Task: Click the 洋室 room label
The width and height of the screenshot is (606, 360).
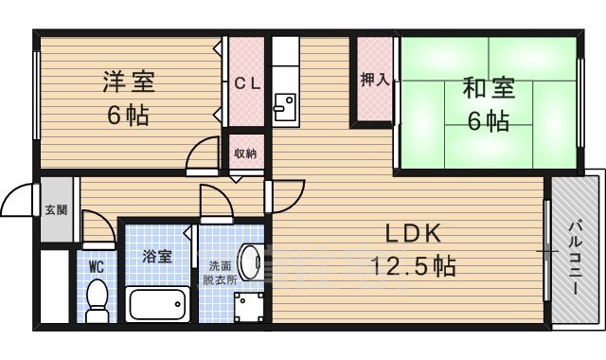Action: pyautogui.click(x=128, y=82)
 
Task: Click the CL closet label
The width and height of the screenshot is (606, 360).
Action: pyautogui.click(x=247, y=82)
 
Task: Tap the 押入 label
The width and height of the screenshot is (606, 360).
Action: pyautogui.click(x=374, y=81)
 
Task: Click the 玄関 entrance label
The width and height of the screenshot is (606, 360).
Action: pyautogui.click(x=55, y=210)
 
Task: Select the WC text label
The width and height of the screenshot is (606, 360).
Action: pyautogui.click(x=97, y=267)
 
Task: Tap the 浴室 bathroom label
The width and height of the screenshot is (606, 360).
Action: pyautogui.click(x=157, y=256)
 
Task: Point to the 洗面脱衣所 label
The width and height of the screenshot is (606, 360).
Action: pyautogui.click(x=216, y=273)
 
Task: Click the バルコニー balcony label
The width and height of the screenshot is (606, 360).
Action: pyautogui.click(x=575, y=256)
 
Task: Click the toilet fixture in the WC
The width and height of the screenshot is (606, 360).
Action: pyautogui.click(x=96, y=299)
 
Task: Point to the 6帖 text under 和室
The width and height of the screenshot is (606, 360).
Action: pyautogui.click(x=488, y=121)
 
